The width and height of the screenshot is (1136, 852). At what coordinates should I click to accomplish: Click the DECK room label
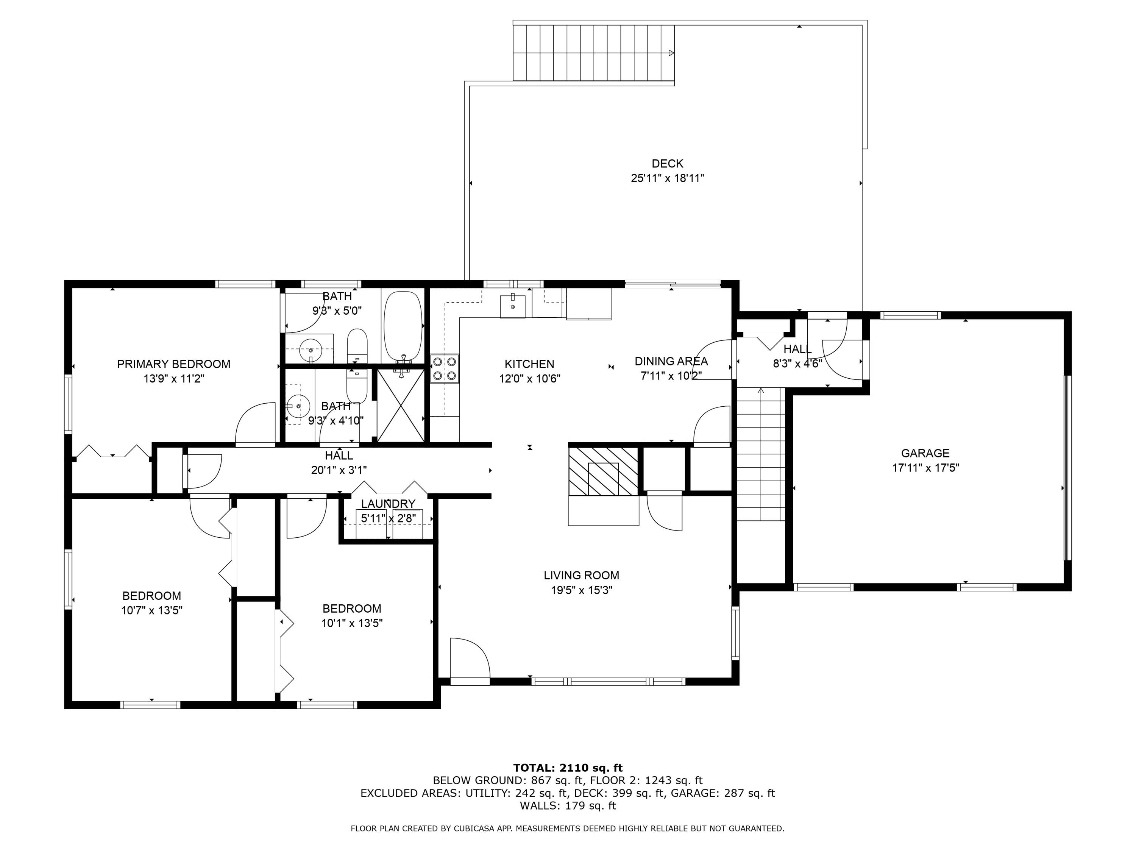tap(667, 163)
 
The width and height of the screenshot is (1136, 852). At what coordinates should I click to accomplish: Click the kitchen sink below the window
tap(513, 306)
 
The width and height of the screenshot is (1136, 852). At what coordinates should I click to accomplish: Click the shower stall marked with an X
tap(401, 405)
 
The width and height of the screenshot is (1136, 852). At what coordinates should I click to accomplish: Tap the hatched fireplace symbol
tap(603, 471)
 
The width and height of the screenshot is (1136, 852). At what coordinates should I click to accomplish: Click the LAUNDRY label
tap(388, 504)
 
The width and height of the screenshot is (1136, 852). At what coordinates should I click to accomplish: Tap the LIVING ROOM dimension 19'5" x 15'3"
tap(581, 590)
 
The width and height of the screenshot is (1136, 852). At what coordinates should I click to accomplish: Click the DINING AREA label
tap(671, 361)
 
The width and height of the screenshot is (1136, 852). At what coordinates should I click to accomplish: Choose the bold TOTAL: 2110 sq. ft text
tap(568, 768)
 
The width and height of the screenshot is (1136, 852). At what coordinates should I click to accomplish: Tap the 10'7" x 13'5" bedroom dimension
tap(151, 610)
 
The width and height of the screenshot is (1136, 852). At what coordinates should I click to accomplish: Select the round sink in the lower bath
tap(297, 406)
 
